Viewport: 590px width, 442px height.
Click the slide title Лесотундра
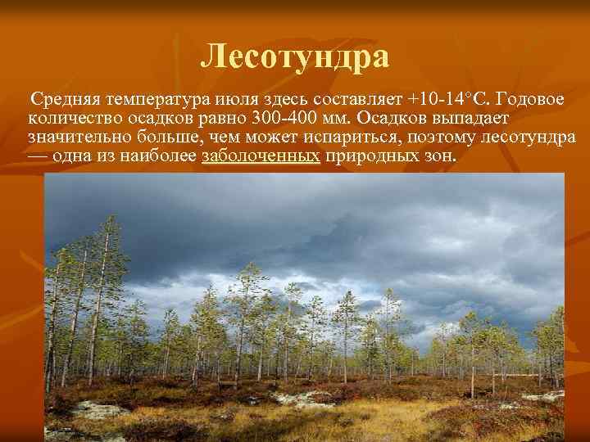coord(294,57)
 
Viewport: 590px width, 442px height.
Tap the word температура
coord(153,100)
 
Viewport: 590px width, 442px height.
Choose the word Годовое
coord(529,100)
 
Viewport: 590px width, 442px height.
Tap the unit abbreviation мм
coord(333,119)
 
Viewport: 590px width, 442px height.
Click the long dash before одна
coord(35,156)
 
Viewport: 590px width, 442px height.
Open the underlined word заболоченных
coord(260,156)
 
